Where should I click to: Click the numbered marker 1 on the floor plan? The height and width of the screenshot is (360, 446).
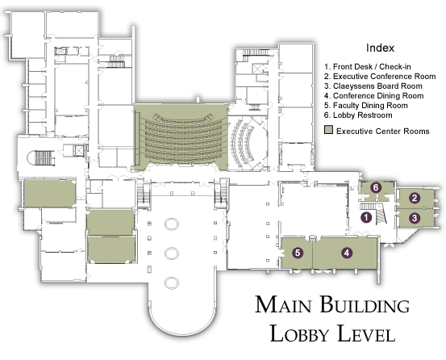click(x=366, y=218)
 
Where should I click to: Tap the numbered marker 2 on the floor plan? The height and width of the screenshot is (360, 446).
click(x=415, y=198)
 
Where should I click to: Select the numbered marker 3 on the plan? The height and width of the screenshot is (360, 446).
click(x=415, y=218)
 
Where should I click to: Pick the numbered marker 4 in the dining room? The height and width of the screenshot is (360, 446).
click(x=347, y=253)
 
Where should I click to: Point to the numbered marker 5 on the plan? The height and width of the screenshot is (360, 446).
click(x=298, y=253)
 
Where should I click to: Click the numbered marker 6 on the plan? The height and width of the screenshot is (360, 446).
click(x=376, y=187)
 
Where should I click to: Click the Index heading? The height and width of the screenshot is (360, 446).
click(x=380, y=48)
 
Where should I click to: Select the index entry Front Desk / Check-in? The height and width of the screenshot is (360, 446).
click(x=368, y=67)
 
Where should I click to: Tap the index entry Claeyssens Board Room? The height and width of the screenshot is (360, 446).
click(x=373, y=86)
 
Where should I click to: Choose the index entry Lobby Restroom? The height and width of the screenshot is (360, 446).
click(x=358, y=115)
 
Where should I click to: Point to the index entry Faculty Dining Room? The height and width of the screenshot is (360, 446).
click(x=366, y=106)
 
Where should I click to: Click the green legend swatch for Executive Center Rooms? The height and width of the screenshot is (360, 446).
click(x=328, y=130)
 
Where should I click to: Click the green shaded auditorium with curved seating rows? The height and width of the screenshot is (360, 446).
click(x=181, y=137)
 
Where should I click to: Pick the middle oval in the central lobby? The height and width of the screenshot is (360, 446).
click(x=172, y=253)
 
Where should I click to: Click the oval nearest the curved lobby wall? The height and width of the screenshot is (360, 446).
click(x=172, y=283)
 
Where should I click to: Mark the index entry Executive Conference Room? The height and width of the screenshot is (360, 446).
click(x=380, y=76)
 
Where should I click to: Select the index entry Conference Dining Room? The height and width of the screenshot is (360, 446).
click(x=374, y=96)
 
